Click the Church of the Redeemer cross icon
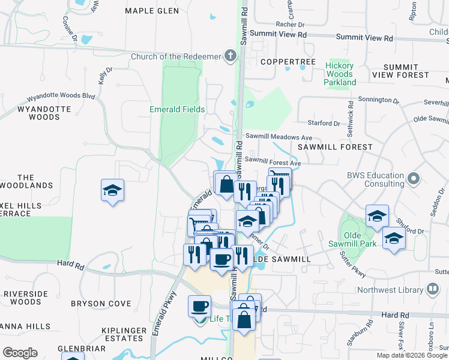231,56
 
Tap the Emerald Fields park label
177,110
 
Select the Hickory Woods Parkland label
340,74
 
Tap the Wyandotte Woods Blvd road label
62,96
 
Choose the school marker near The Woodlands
112,191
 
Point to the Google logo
20,352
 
